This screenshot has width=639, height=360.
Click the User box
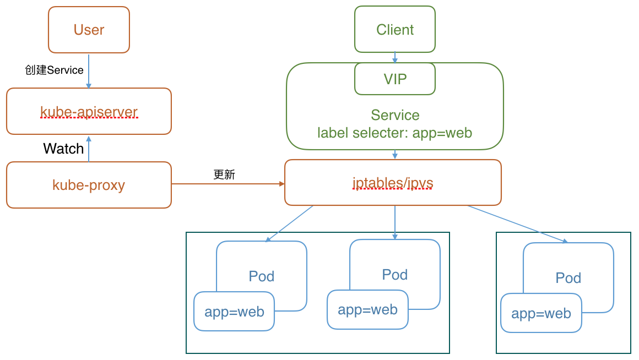point(89,30)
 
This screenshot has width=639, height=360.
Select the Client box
point(394,29)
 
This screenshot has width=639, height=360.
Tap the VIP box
point(394,79)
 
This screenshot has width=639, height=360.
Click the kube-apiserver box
point(89,112)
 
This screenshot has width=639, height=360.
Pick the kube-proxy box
point(89,185)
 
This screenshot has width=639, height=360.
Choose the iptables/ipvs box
point(393,183)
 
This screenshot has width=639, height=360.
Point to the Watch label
point(63,149)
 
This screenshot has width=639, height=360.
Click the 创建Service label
point(54,70)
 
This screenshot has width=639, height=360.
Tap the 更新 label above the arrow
point(224,174)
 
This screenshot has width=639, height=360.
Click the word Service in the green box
point(395,115)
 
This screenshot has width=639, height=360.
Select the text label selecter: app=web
point(394,133)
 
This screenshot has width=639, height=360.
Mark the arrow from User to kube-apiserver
point(89,70)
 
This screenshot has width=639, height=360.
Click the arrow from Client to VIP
point(394,57)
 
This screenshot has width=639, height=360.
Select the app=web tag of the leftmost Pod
point(234,312)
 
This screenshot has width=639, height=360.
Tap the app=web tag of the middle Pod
point(367,309)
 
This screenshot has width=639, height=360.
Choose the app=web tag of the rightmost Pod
point(541,313)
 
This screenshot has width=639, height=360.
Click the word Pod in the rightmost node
point(568,278)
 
